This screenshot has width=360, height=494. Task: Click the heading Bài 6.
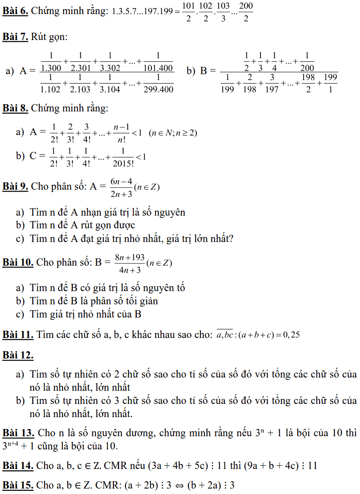15,11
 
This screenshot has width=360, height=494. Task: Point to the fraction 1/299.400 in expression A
158,84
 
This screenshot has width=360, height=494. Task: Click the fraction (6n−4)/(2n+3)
120,187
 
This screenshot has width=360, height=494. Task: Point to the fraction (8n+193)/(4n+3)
130,264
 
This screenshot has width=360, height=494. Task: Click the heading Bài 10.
18,262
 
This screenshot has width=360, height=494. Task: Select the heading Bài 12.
18,355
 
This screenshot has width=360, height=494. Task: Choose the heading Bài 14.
18,465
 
